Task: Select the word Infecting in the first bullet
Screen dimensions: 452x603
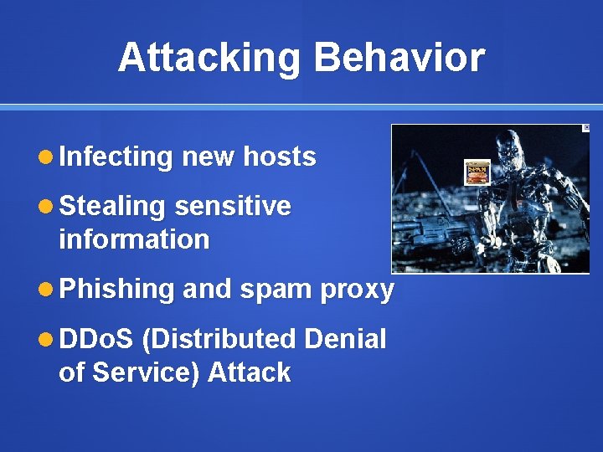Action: click(116, 157)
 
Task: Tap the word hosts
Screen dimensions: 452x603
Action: click(279, 157)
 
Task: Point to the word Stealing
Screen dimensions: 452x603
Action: click(112, 206)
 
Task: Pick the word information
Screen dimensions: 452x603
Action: click(134, 239)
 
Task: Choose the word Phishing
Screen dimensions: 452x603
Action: click(116, 289)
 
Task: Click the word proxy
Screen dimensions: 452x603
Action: click(357, 289)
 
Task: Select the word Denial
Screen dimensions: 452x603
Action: click(345, 339)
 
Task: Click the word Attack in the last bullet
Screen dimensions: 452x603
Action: click(249, 372)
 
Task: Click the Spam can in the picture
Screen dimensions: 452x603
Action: click(477, 172)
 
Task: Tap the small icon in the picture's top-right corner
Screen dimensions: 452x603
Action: click(585, 128)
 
